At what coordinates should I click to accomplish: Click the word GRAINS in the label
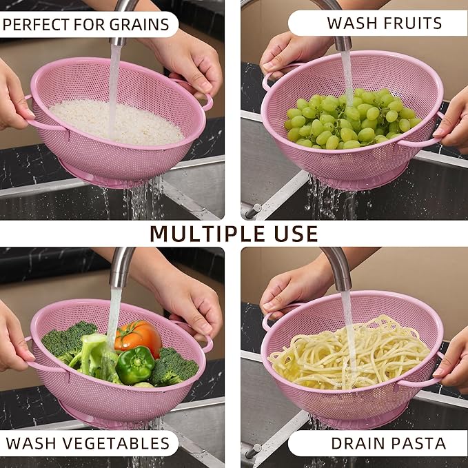139,25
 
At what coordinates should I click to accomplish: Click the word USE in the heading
296,234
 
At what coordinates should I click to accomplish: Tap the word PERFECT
36,25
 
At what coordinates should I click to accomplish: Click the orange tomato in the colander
138,338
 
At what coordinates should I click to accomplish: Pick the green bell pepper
135,365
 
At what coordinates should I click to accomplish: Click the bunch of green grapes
352,119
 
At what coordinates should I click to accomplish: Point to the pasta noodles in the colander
349,354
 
